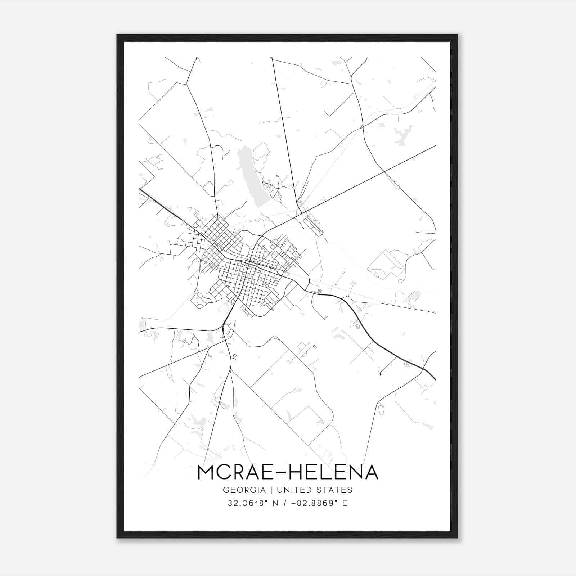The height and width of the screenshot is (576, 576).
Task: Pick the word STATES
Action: coord(336,490)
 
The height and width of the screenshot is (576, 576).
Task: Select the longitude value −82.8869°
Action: coord(312,503)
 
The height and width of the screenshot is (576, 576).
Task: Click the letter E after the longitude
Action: coord(345,503)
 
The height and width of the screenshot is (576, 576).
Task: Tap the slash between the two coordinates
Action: coord(286,503)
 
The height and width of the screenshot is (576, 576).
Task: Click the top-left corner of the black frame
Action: coord(118,35)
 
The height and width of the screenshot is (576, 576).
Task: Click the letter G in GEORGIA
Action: coord(226,490)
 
